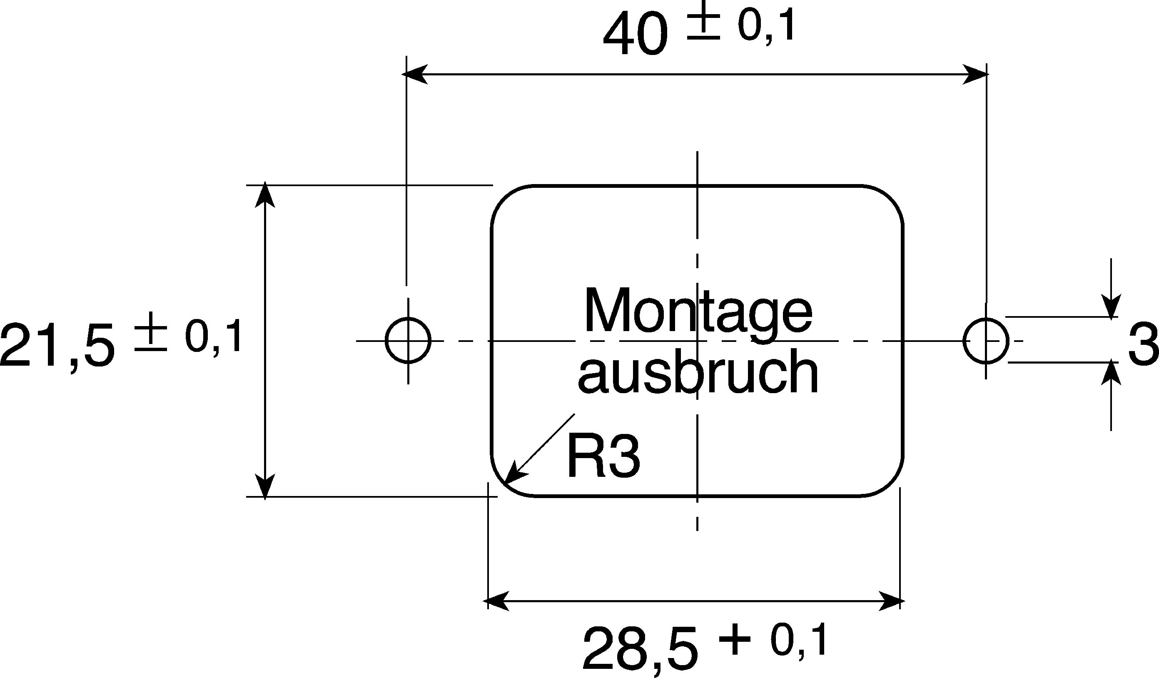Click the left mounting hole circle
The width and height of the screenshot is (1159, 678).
pyautogui.click(x=386, y=341)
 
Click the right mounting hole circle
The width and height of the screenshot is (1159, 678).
pyautogui.click(x=964, y=341)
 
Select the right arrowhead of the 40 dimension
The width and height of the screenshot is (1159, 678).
pyautogui.click(x=975, y=74)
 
